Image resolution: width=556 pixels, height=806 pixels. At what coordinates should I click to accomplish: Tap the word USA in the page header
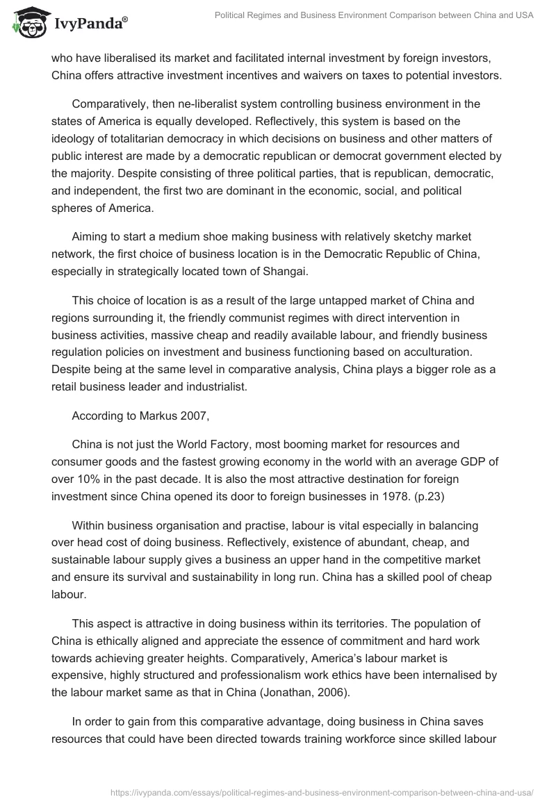pyautogui.click(x=523, y=15)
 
